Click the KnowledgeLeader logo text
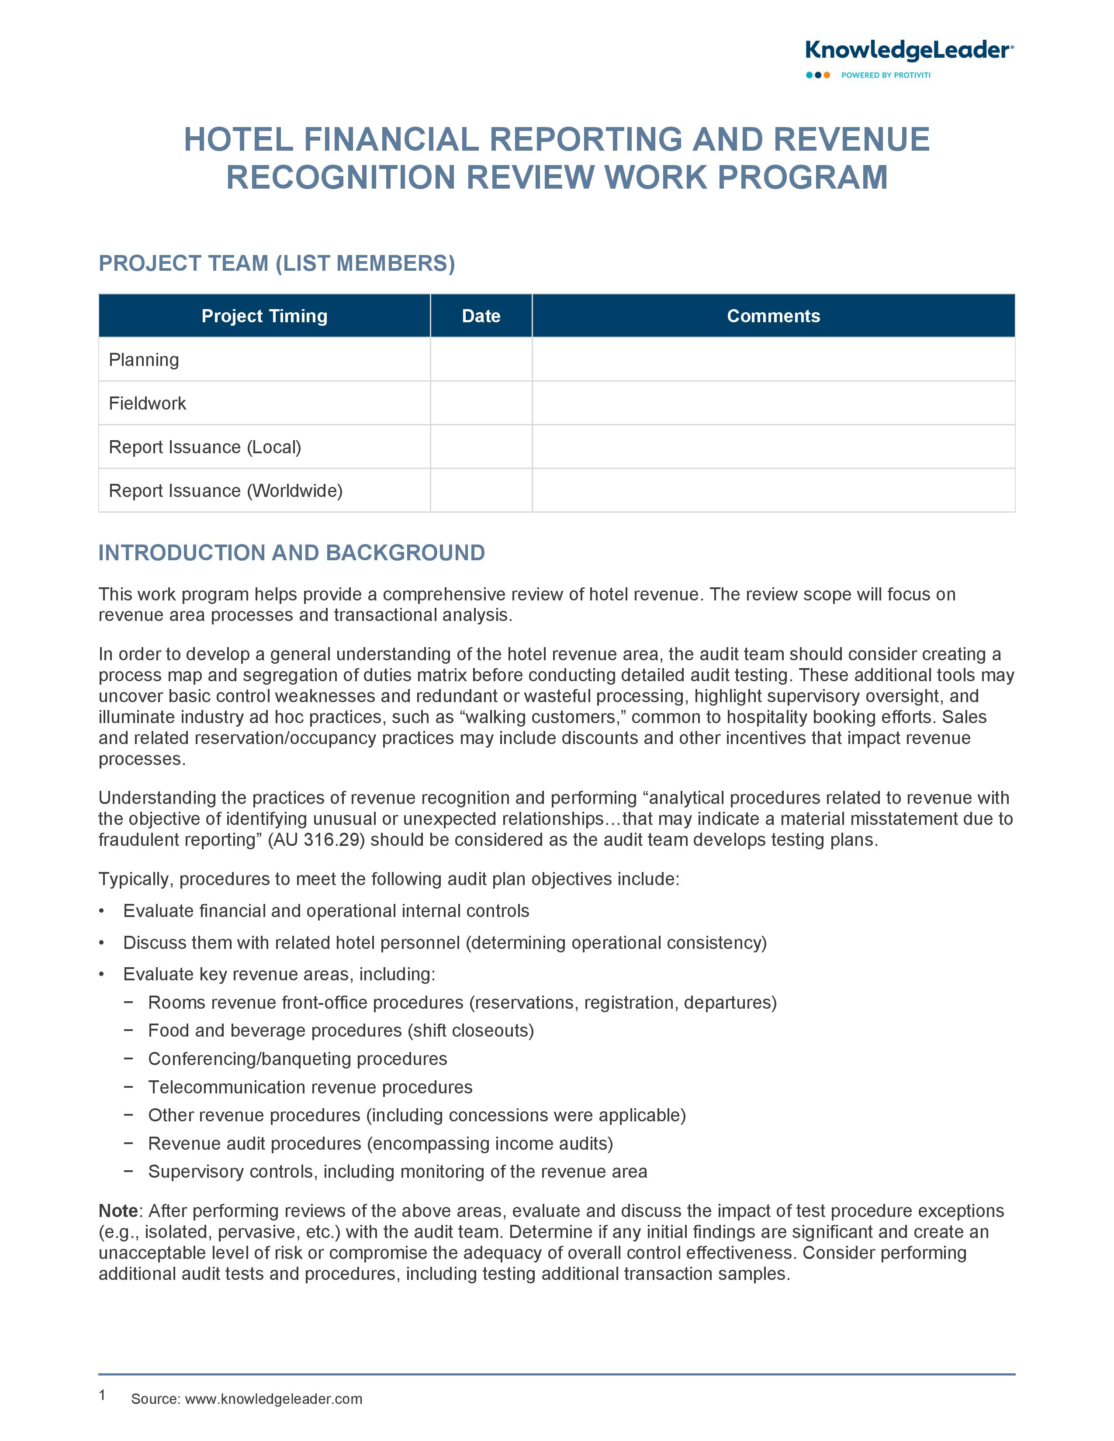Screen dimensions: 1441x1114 coord(908,51)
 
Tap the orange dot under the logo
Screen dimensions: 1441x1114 coord(827,75)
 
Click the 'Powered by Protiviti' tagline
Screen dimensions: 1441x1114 coord(885,75)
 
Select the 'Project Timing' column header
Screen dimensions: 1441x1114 coord(264,316)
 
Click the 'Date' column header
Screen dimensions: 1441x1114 coord(481,316)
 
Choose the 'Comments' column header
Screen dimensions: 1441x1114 coord(773,316)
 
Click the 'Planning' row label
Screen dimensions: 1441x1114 coord(144,359)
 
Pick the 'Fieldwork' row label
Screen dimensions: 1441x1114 coord(147,403)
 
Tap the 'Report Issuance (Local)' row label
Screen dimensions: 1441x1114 coord(204,447)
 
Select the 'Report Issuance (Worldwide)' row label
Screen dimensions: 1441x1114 coord(225,491)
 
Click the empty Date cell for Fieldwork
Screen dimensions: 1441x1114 coord(481,403)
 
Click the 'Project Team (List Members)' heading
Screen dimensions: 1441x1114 coord(277,263)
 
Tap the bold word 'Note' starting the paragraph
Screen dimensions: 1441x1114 coord(118,1211)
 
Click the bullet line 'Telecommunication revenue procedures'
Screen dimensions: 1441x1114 coord(310,1087)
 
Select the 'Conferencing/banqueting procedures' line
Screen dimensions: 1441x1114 coord(297,1059)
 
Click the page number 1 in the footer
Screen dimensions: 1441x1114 coord(102,1395)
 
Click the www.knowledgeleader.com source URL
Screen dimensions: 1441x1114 coord(273,1399)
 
